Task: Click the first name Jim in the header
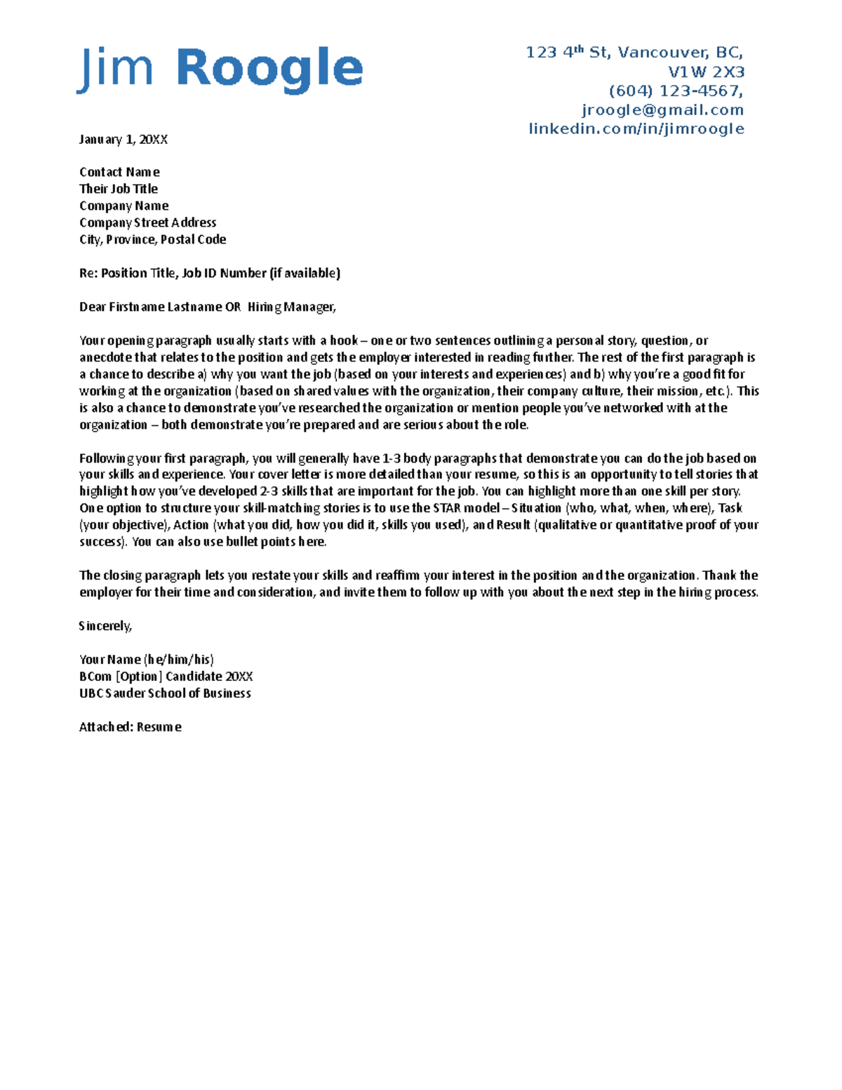pos(115,68)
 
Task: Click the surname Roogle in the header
pos(269,68)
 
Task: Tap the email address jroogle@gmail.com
pos(662,110)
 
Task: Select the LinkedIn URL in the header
pos(636,129)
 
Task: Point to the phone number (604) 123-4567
pos(675,91)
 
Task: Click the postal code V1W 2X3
pos(706,72)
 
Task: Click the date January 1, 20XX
pos(123,140)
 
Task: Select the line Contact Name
pos(119,172)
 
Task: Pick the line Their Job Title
pos(119,189)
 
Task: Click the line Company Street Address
pos(147,222)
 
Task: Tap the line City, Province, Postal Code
pos(152,239)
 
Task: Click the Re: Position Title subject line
pos(209,273)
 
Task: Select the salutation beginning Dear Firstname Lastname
pos(208,307)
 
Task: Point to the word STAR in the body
pos(447,508)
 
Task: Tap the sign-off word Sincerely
pos(105,626)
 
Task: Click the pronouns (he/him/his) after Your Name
pos(179,660)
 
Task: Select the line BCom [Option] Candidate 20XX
pos(166,677)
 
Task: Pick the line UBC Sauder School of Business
pos(165,693)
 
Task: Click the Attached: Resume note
pos(131,727)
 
